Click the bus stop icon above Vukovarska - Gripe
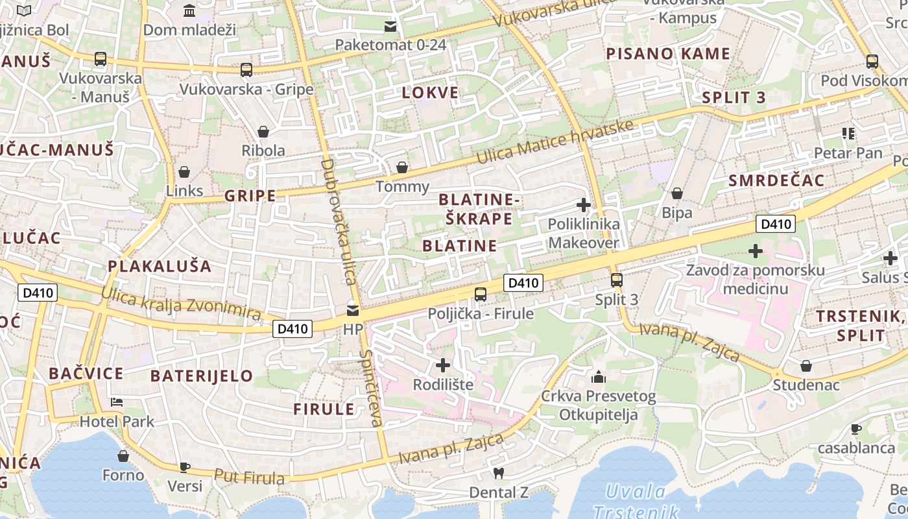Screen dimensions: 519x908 pyautogui.click(x=246, y=70)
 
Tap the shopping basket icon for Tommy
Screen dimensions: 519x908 pyautogui.click(x=402, y=168)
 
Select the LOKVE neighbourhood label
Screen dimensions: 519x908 pyautogui.click(x=430, y=93)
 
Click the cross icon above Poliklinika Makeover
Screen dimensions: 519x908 pyautogui.click(x=584, y=205)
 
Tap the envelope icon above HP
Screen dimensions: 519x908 pyautogui.click(x=353, y=310)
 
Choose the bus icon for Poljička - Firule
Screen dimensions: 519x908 pyautogui.click(x=481, y=295)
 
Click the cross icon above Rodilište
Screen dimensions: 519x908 pyautogui.click(x=443, y=365)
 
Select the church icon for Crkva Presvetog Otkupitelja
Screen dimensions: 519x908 pyautogui.click(x=598, y=376)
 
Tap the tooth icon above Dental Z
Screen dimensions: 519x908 pyautogui.click(x=499, y=473)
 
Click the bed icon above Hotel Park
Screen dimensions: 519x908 pyautogui.click(x=117, y=402)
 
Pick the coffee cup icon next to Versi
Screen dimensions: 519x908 pyautogui.click(x=185, y=466)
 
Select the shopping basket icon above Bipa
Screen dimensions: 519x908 pyautogui.click(x=677, y=193)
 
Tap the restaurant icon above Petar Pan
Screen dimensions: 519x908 pyautogui.click(x=848, y=134)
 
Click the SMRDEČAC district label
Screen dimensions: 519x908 pyautogui.click(x=776, y=180)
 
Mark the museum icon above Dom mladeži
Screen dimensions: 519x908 pyautogui.click(x=189, y=10)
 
